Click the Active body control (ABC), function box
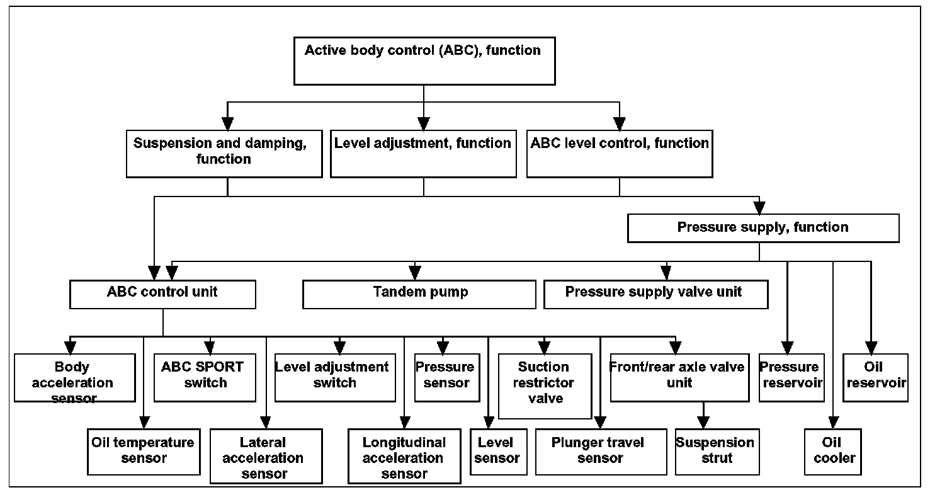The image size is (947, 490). pos(424,61)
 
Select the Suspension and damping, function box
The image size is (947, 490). pos(224,154)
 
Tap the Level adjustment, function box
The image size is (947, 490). pos(423,154)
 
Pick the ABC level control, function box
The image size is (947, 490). pos(620,154)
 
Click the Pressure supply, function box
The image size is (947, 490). pos(763,228)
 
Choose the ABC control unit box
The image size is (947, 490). pos(162,294)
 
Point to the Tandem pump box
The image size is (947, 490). pos(419,294)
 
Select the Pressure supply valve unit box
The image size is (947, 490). pos(655,294)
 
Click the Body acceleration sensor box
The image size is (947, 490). pos(75,377)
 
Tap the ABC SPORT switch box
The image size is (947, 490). pos(205,377)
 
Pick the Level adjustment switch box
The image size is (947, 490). pos(335,377)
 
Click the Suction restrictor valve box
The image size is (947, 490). pos(545,386)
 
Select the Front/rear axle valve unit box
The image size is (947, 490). pos(679,377)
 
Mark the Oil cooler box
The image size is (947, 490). pos(832,452)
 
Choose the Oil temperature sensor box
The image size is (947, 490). pos(144,452)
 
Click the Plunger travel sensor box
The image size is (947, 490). pos(601,452)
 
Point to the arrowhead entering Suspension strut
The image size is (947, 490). pos(703,423)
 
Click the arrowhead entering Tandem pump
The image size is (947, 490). pos(415,273)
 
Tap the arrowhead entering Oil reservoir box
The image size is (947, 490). pos(871,348)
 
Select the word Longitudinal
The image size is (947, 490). pos(404,443)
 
